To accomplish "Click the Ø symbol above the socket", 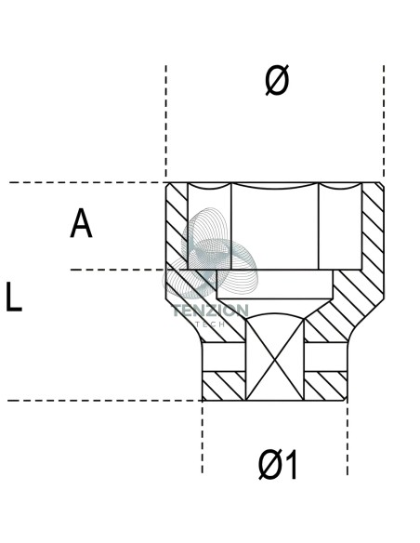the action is point(277,80).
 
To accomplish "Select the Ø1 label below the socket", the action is point(278,465).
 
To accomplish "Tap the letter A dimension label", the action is point(81,222).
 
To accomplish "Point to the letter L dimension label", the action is point(14,297).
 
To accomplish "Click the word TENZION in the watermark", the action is point(210,311).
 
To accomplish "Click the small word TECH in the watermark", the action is point(210,324).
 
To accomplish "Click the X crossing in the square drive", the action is point(275,360).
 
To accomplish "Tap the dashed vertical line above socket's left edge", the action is point(166,121).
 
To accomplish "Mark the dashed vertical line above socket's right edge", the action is point(384,121).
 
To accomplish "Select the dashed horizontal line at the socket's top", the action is point(86,182).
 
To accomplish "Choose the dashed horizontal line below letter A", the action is point(118,270).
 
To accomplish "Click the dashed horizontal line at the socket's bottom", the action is point(104,401).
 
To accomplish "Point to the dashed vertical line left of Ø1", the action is point(203,437).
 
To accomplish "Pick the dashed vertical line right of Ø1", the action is point(348,438).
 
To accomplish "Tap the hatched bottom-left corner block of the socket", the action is point(224,386).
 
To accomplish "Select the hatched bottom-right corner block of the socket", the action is point(325,386).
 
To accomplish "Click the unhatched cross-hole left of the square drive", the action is point(224,357).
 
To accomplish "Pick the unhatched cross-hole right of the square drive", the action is point(325,357).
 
